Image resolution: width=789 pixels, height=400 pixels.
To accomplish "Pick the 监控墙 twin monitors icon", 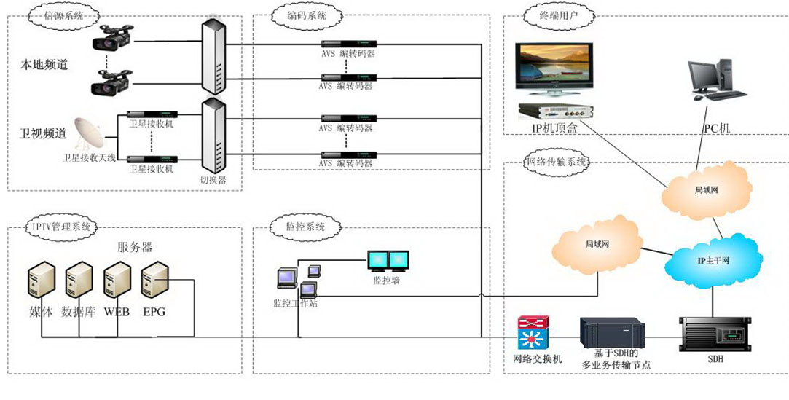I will pyautogui.click(x=388, y=261).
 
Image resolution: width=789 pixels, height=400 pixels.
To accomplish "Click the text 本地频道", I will pyautogui.click(x=44, y=65).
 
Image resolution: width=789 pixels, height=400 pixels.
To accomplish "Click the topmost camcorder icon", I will pyautogui.click(x=113, y=37).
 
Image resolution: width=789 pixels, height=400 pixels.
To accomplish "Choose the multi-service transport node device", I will pyautogui.click(x=613, y=333).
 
